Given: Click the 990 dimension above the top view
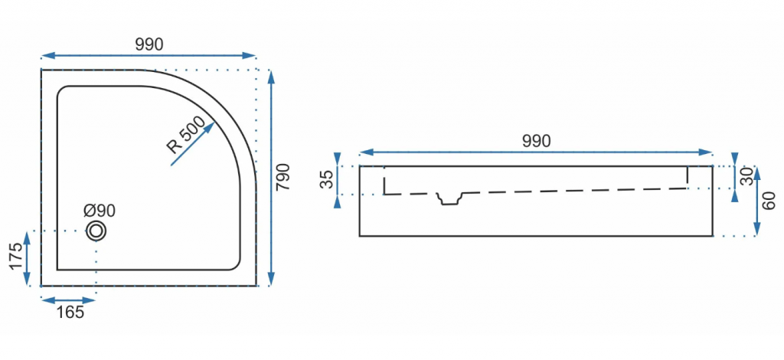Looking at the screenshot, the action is point(149,44).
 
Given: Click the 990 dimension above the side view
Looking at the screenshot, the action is point(536,141).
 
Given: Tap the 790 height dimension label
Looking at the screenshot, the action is point(283,176).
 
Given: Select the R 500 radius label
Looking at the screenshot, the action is point(186,135).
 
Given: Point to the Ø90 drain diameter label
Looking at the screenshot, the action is point(100,211).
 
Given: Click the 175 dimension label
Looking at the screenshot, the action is point(16,257).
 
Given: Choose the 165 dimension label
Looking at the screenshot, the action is point(70,313).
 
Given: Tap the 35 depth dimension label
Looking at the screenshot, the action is point(325,180).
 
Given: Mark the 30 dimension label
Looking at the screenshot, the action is point(747,176).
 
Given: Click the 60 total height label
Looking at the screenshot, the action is point(769,201).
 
